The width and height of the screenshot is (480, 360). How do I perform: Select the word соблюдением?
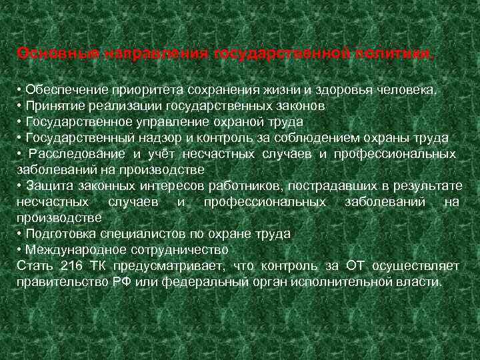(301, 137)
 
